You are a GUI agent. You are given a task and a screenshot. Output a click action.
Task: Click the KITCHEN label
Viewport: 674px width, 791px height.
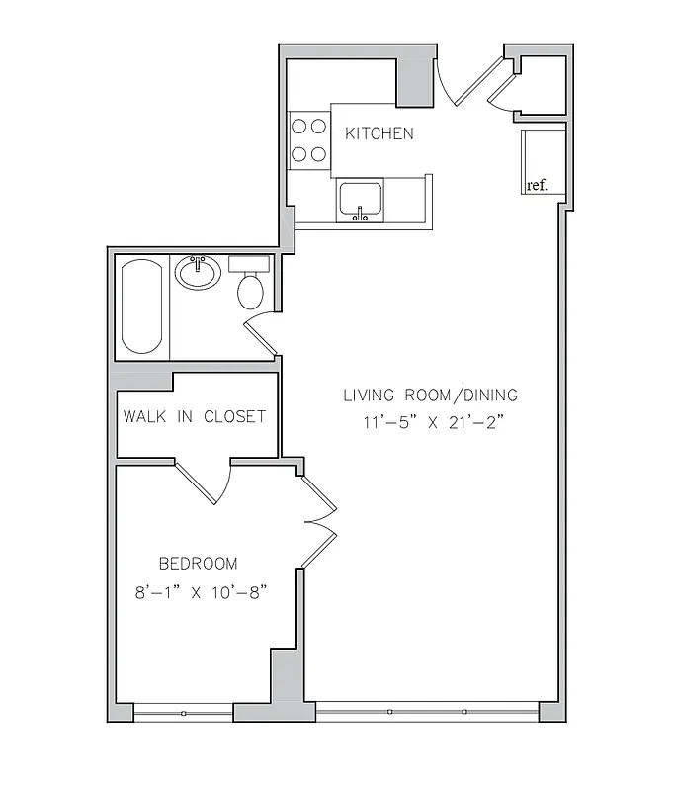pos(379,133)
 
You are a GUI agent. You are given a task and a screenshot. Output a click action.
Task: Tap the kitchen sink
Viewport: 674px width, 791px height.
pos(361,200)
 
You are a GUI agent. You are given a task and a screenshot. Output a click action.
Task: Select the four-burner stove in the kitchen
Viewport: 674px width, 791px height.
pos(308,139)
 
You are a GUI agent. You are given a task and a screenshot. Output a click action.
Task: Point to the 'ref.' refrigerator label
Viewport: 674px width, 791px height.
pos(537,185)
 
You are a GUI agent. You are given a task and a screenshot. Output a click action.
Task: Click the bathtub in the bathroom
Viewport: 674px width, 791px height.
pos(143,308)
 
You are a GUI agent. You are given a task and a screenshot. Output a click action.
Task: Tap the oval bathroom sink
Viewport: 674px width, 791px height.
pos(199,273)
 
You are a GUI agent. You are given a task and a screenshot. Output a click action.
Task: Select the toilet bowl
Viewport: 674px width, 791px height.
pos(250,292)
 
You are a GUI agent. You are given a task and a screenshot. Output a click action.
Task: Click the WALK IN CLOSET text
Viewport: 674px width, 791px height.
pos(195,416)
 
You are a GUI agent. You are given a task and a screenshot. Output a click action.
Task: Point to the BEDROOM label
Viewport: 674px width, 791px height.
pos(199,564)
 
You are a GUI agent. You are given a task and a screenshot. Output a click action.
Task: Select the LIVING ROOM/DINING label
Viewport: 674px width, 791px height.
pos(430,395)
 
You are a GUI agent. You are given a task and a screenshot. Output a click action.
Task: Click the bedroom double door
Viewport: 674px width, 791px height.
pos(319,521)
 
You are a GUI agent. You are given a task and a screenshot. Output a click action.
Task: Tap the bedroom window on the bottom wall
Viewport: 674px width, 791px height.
pos(183,712)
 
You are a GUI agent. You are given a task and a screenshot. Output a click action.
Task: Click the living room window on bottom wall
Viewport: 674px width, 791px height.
pos(427,711)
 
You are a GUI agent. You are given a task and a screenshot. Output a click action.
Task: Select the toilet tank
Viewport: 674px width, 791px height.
pos(250,264)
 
